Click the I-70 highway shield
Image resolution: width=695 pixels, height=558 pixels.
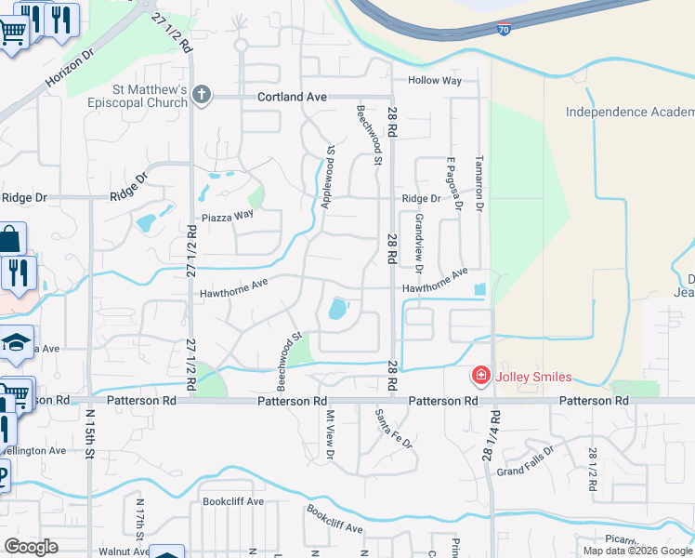click(x=504, y=29)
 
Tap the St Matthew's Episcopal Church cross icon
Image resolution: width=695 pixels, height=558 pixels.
click(x=201, y=95)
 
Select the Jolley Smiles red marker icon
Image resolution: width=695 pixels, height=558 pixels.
click(x=481, y=377)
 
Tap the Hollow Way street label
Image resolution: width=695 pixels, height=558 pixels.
click(x=435, y=81)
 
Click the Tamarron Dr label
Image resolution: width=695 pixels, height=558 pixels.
click(x=479, y=181)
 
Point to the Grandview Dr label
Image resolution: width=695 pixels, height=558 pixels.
click(x=419, y=244)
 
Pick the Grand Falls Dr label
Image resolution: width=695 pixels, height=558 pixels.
click(x=526, y=458)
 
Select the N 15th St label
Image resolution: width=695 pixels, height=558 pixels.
click(x=91, y=433)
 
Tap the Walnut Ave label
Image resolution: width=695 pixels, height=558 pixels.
click(x=126, y=551)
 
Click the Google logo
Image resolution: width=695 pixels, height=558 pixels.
click(x=31, y=547)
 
